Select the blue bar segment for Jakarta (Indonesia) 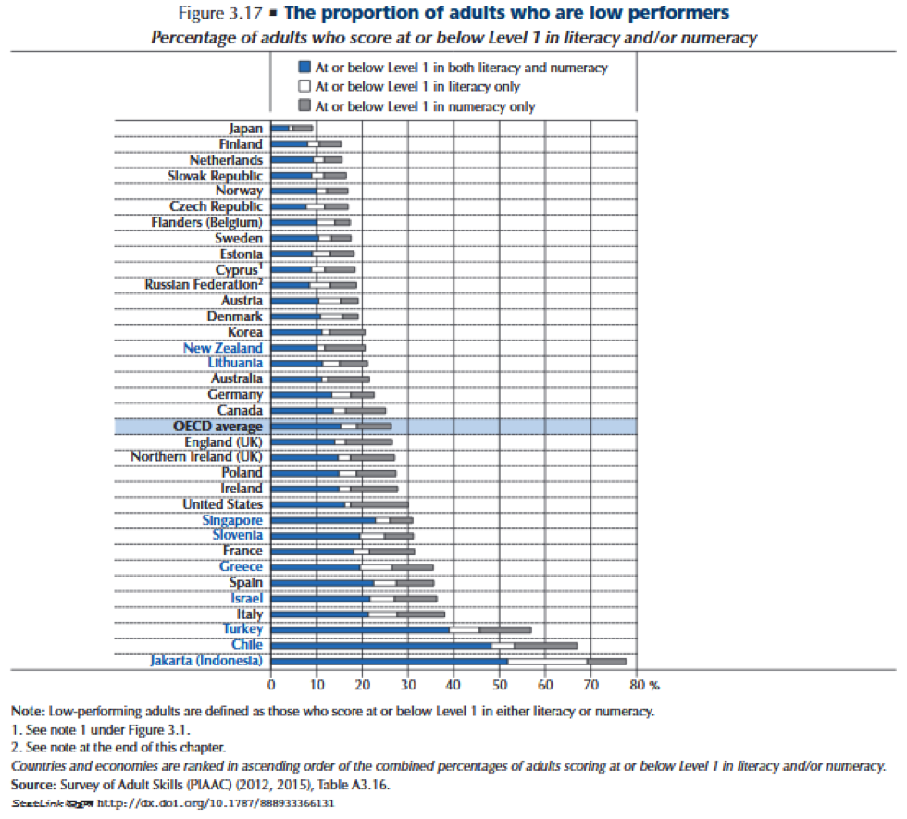389,661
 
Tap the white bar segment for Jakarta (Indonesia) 548,661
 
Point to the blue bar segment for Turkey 360,629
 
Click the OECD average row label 217,426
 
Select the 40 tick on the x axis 453,686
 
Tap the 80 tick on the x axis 635,686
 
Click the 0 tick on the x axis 271,686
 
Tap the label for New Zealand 222,348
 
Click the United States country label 222,504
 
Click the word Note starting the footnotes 27,711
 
